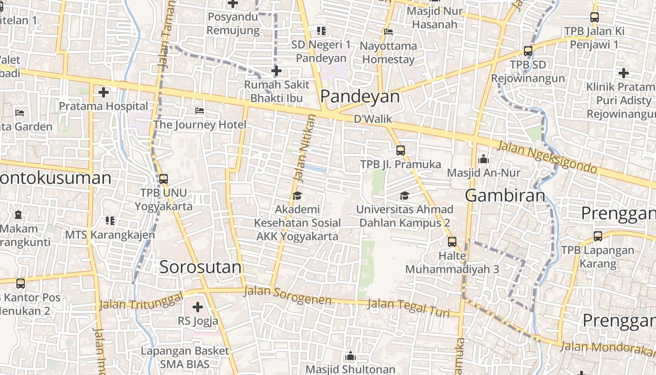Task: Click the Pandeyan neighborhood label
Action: (x=360, y=97)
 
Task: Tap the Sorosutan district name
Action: (x=201, y=267)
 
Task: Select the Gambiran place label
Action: (x=505, y=195)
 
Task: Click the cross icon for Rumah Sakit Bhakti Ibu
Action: (x=276, y=71)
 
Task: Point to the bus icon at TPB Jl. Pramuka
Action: (x=401, y=150)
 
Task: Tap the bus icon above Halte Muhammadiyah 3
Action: (x=452, y=242)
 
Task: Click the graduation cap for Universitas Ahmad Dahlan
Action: (x=404, y=195)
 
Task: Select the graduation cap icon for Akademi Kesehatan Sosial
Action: (x=297, y=195)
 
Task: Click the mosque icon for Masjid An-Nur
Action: (x=484, y=159)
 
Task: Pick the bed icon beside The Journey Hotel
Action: (x=200, y=111)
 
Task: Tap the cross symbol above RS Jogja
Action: (x=198, y=307)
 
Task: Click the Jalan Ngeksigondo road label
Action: (x=547, y=157)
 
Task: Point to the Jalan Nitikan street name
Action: (x=304, y=148)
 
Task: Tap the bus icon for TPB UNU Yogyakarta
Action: (x=164, y=179)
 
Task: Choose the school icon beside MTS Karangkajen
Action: (x=110, y=220)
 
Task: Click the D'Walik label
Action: (x=373, y=119)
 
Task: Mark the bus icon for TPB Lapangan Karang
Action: (x=598, y=236)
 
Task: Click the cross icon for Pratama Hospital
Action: (x=104, y=92)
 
